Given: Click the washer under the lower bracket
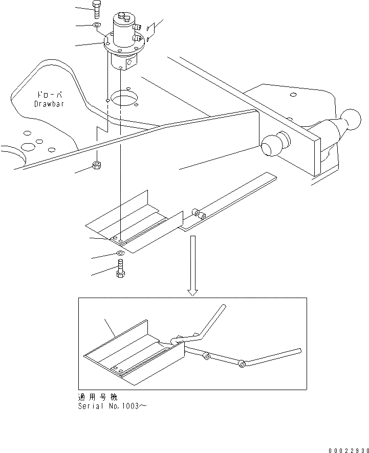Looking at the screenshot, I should point(120,253).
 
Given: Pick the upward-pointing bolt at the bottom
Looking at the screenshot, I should point(120,268).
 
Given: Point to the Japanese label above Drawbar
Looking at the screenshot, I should point(49,95).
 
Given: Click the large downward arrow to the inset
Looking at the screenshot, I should point(192,266).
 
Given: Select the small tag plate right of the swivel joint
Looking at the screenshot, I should point(150,32).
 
